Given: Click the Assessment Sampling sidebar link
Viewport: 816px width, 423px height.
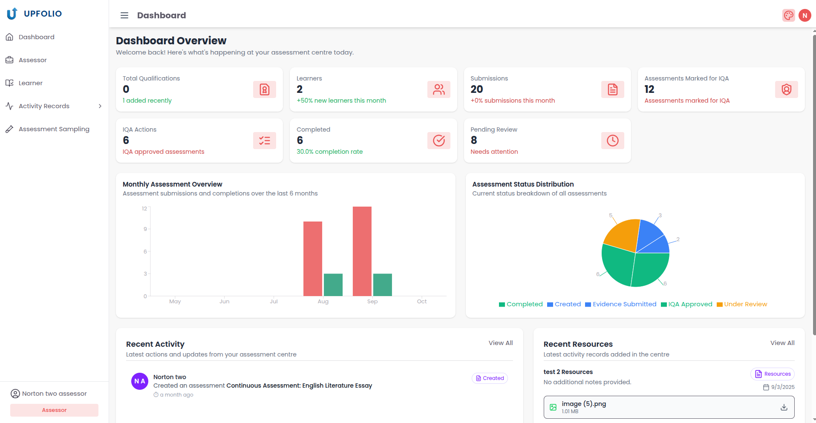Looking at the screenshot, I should [x=54, y=129].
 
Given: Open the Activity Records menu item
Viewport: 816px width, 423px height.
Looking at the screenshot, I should [x=44, y=106].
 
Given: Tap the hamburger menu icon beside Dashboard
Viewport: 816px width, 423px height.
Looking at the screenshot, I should [x=124, y=15].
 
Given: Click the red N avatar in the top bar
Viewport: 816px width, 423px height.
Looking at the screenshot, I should [x=804, y=15].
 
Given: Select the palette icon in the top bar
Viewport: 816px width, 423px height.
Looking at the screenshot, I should [x=788, y=15].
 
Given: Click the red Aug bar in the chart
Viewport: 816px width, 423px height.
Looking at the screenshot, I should [x=312, y=258].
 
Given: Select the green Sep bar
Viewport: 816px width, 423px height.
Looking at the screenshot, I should [x=382, y=285].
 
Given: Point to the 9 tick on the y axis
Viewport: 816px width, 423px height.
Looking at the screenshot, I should [x=145, y=229].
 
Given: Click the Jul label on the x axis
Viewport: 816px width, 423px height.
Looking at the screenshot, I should [x=274, y=302].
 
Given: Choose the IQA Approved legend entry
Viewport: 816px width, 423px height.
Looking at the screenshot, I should [x=686, y=304].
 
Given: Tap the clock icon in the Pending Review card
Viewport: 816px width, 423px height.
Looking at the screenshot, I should [x=612, y=141].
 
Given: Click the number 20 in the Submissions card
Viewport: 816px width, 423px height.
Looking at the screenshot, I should [x=476, y=89].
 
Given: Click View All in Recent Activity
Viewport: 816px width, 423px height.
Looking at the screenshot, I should [x=500, y=343].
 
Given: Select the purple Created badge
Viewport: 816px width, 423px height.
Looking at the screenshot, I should [x=490, y=378].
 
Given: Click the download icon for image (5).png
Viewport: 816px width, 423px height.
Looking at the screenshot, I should [x=784, y=407].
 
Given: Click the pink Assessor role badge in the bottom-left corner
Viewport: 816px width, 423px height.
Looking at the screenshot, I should [x=54, y=410].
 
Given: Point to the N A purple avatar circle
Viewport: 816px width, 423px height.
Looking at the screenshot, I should [x=140, y=381].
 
